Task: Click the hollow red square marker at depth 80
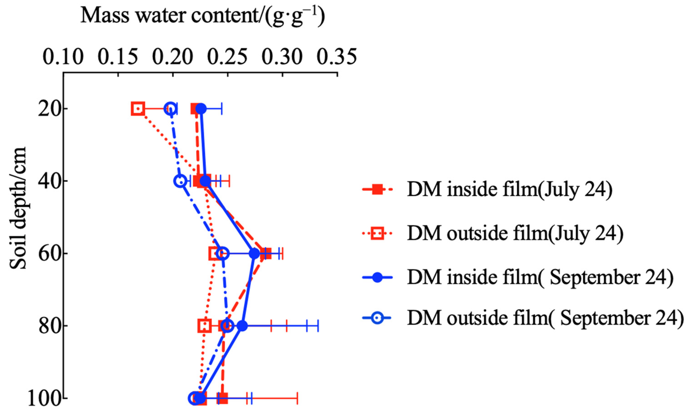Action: point(205,326)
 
